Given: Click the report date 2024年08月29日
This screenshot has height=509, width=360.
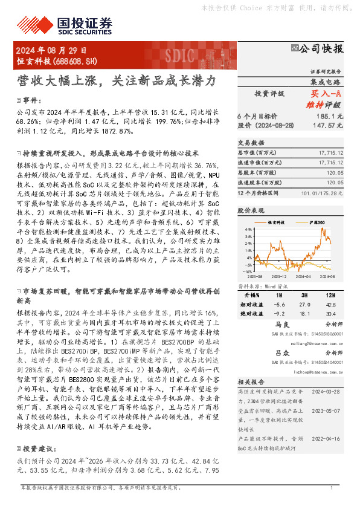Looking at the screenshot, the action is (x=51, y=51).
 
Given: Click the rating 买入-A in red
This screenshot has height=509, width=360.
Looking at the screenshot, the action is (x=326, y=94).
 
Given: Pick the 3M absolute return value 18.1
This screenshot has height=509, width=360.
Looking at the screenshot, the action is (x=305, y=314).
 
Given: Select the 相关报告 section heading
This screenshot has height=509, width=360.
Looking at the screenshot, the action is (x=249, y=382).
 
